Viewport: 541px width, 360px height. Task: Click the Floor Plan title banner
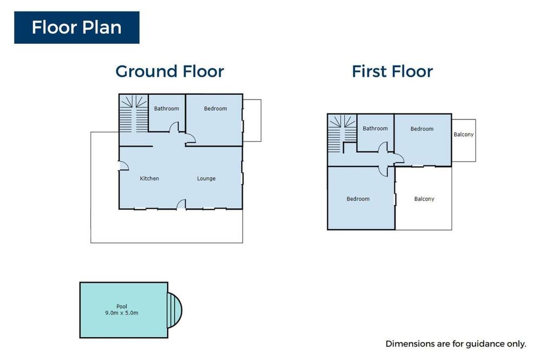coord(77,28)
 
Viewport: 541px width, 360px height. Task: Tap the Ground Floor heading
coord(170,71)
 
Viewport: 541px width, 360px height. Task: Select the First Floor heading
coord(392,71)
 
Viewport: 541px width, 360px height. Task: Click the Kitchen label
coord(149,178)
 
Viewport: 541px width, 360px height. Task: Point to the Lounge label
coord(206,178)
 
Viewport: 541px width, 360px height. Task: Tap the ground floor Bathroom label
coord(167,109)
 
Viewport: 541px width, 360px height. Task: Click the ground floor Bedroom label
coord(215,109)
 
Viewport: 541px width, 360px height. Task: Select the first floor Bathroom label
coord(375,129)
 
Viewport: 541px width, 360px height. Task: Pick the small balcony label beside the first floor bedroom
coord(464,135)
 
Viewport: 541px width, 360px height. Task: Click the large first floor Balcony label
coord(424,199)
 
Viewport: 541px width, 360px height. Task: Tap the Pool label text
coord(122,306)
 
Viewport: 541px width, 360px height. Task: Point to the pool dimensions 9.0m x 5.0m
coord(122,313)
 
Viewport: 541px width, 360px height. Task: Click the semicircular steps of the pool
coord(175,310)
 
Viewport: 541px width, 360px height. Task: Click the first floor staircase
coord(342,134)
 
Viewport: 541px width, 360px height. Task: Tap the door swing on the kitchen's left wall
coord(124,166)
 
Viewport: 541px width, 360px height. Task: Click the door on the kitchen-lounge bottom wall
coord(181,204)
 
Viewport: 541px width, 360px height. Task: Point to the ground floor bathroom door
coord(174,127)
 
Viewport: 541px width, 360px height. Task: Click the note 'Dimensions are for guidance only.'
coord(456,344)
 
